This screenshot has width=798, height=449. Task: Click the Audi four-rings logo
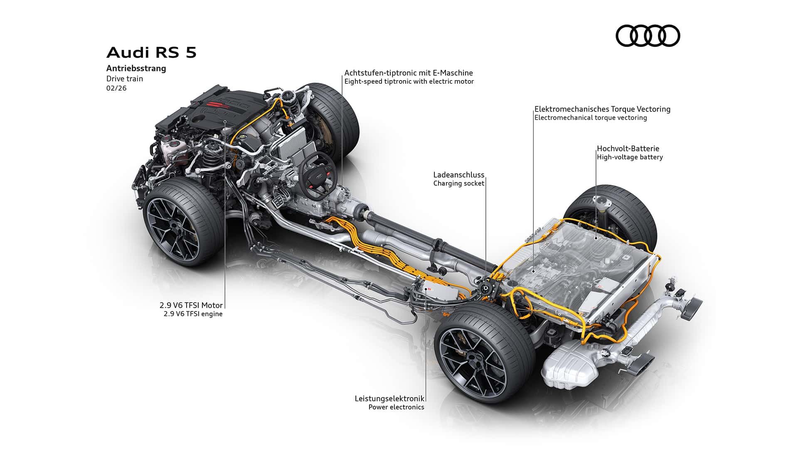point(648,35)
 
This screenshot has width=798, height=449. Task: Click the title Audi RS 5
point(151,53)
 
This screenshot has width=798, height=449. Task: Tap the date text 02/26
point(116,88)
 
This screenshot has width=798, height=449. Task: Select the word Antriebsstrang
point(136,69)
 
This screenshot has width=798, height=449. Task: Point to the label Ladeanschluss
point(458,175)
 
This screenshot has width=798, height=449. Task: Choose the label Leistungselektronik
point(389,398)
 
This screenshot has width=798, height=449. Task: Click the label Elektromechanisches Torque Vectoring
point(602,109)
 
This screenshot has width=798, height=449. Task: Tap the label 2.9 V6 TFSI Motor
point(194,305)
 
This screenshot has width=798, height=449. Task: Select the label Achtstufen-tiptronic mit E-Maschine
point(409,73)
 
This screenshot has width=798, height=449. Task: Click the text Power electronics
point(396,407)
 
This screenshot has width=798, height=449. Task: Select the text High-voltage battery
point(630,157)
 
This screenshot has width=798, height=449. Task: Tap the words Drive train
point(125,79)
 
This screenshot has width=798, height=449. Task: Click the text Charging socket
point(459,183)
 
